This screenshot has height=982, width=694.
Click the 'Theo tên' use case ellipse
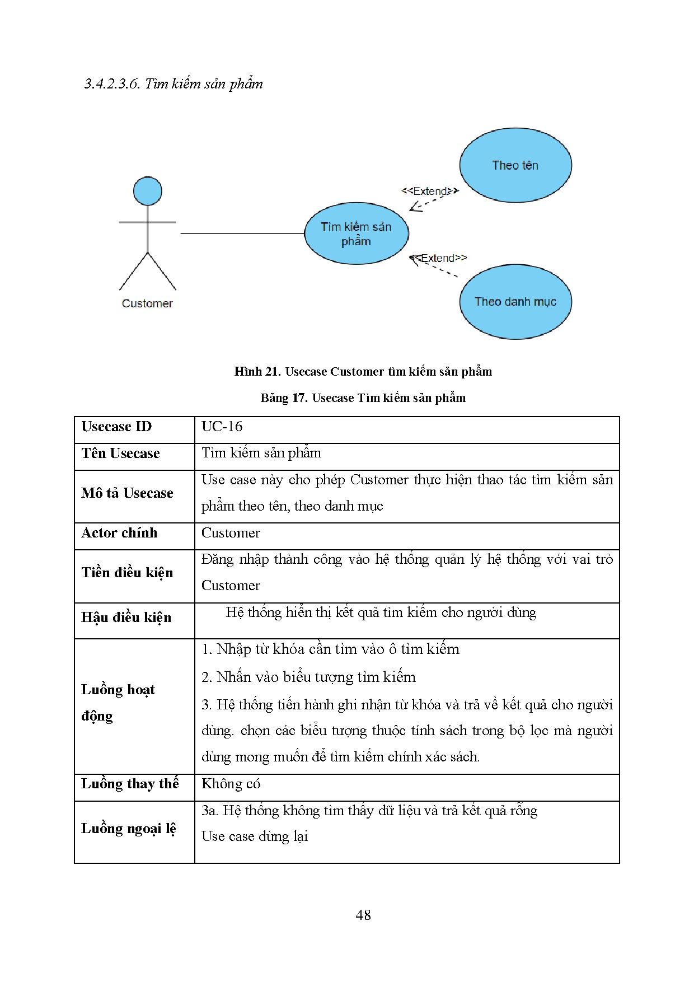pos(515,165)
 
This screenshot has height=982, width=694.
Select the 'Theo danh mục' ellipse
pos(515,302)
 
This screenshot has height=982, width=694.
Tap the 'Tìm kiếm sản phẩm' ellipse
pos(357,233)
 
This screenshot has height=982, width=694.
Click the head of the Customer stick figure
pos(148,191)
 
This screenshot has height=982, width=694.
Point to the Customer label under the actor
pos(147,303)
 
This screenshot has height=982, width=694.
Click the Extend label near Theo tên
pos(430,191)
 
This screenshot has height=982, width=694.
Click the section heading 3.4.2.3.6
pos(173,84)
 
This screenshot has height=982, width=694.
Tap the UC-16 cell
pos(222,427)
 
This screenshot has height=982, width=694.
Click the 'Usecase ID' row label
pos(116,427)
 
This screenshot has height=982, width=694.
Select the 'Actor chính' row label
pos(119,533)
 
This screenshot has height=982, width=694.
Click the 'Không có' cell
pos(231,784)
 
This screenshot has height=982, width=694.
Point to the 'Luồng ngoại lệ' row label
pos(129,829)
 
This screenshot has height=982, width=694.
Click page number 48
pos(363,915)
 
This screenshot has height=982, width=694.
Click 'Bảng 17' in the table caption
pos(283,398)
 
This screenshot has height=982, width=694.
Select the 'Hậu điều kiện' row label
pos(126,618)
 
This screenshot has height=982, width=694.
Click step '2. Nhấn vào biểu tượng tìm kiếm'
pos(308,677)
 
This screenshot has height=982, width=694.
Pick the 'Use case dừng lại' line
pos(255,836)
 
